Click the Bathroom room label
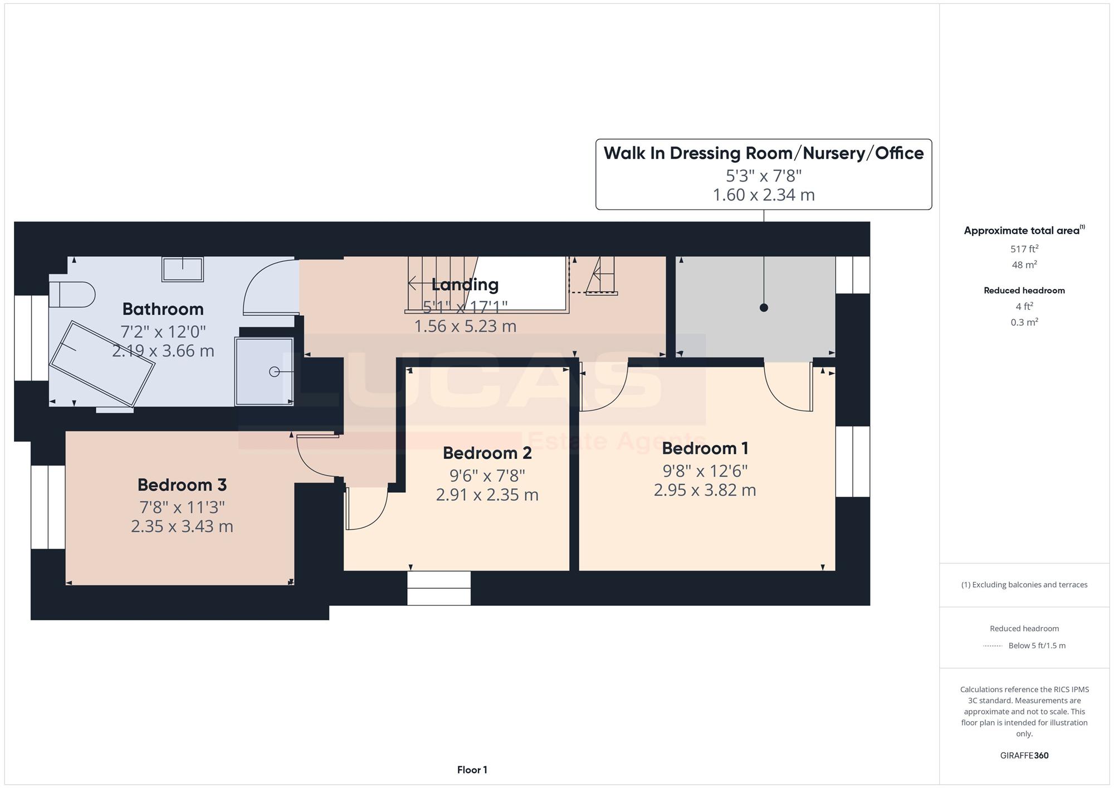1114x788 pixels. [163, 309]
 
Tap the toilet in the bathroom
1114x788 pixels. [72, 294]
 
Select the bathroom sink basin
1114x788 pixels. [183, 269]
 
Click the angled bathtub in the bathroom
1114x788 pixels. [102, 363]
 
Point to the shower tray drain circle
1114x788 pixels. [274, 371]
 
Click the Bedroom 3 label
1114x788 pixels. [182, 485]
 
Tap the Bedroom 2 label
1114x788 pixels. [487, 453]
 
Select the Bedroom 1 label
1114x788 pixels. [705, 448]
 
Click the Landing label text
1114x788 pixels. [465, 285]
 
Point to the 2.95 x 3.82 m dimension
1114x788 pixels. [705, 490]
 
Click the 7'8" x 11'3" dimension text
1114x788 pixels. [182, 507]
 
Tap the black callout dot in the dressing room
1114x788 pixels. [764, 307]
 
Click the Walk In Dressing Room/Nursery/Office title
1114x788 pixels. [764, 153]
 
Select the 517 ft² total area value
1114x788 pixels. [1024, 249]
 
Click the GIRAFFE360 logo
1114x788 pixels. [1024, 756]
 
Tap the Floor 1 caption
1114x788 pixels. [472, 770]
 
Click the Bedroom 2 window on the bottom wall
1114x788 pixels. [439, 588]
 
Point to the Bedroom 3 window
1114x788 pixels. [48, 507]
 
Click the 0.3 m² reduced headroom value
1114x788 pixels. [1024, 322]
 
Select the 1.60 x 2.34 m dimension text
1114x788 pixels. [764, 195]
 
